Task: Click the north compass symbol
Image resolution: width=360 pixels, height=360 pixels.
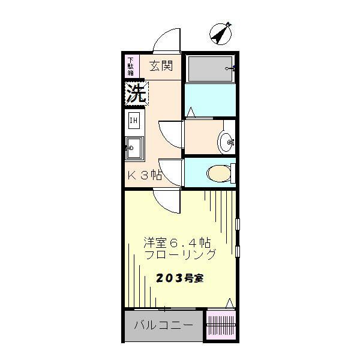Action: pos(221,34)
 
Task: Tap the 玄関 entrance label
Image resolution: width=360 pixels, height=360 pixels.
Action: pos(161,65)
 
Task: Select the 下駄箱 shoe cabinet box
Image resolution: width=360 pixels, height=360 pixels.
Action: pos(131,65)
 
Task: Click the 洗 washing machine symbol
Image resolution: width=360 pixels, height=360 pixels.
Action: pos(136,93)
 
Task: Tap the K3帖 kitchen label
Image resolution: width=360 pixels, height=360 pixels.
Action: pos(145,175)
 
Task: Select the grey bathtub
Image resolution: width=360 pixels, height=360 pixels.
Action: pos(209,69)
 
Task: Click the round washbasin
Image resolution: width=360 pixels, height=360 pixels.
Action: pos(226,142)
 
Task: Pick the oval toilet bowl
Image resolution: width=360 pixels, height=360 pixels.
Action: pos(218,174)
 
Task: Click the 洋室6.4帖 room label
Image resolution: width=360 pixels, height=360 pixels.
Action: pos(176,243)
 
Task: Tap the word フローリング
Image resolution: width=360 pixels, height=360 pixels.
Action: pos(180,254)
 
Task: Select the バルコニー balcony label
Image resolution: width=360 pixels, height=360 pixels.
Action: pos(163,326)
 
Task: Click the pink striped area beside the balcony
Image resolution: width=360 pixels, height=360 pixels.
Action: pos(221,326)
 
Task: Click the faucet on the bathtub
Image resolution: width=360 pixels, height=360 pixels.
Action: pos(230,69)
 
